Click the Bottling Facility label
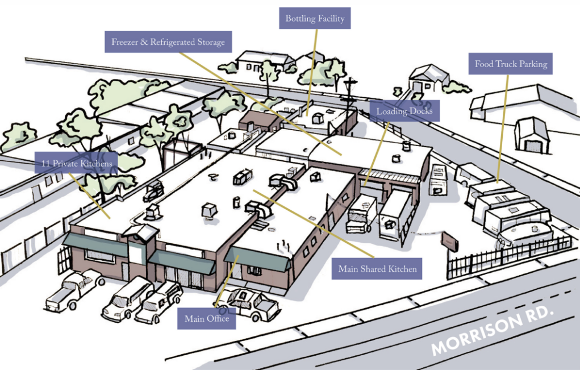pos(315,18)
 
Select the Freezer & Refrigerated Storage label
pos(168,42)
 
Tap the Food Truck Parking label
pos(511,64)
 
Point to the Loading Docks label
pos(404,111)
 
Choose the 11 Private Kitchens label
pos(76,163)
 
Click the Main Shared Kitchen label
pos(377,269)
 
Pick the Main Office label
pos(207,319)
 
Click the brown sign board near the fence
pos(450,241)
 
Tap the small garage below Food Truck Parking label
pos(532,135)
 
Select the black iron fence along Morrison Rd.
pos(511,256)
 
